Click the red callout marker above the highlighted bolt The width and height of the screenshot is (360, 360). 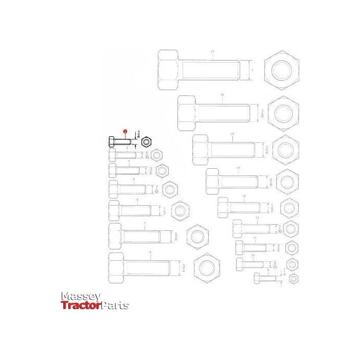(x=124, y=132)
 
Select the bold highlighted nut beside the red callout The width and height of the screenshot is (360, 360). (x=146, y=140)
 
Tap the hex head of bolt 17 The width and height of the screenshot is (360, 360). (x=168, y=69)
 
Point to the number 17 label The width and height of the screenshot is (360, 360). (x=212, y=51)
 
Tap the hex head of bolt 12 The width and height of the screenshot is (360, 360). (x=237, y=228)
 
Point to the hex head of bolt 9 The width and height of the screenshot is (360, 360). (x=257, y=278)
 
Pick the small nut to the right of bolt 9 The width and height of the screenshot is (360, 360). (x=293, y=279)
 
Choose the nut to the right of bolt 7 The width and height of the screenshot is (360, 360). (x=197, y=237)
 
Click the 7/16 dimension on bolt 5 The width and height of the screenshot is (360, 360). (x=156, y=189)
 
